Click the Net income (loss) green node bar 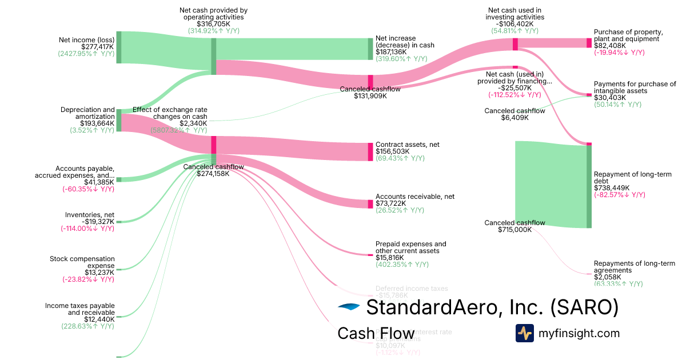pos(119,47)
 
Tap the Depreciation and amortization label pos(88,113)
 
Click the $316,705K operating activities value pos(213,24)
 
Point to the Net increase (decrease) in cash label pos(404,41)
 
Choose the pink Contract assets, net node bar pos(370,151)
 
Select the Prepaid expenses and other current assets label pos(410,247)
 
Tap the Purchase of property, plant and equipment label pos(628,35)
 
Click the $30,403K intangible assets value pos(610,98)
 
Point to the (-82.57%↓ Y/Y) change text pos(620,195)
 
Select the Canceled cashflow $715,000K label pos(514,226)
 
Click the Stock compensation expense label pos(82,262)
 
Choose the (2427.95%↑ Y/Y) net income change pos(86,54)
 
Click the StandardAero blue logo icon pos(349,307)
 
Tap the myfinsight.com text pos(579,333)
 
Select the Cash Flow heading pos(376,333)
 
